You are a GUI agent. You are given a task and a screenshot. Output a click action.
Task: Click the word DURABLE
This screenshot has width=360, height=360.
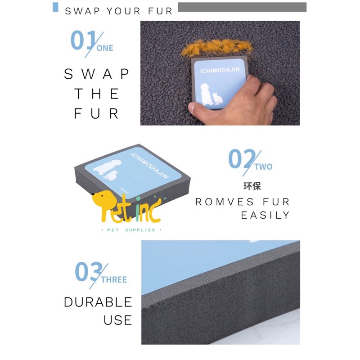pos(98,302)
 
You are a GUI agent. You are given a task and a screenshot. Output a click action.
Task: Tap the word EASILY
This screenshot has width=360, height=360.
pos(265,215)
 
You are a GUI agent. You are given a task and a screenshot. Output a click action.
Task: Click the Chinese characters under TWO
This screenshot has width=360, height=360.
pos(252,186)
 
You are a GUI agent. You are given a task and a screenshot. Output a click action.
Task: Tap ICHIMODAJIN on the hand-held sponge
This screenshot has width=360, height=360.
pos(220,71)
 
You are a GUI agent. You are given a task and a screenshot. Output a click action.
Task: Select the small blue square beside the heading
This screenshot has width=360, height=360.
pos(56,7)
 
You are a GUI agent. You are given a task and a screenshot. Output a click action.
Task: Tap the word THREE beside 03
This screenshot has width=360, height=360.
pos(114,279)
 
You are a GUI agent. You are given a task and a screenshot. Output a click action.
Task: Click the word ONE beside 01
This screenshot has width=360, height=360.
pos(104,48)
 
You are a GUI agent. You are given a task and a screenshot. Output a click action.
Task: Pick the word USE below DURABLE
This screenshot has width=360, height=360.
pos(117,320)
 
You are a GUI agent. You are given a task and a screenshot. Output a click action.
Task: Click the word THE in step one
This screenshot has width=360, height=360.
pos(97,94)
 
